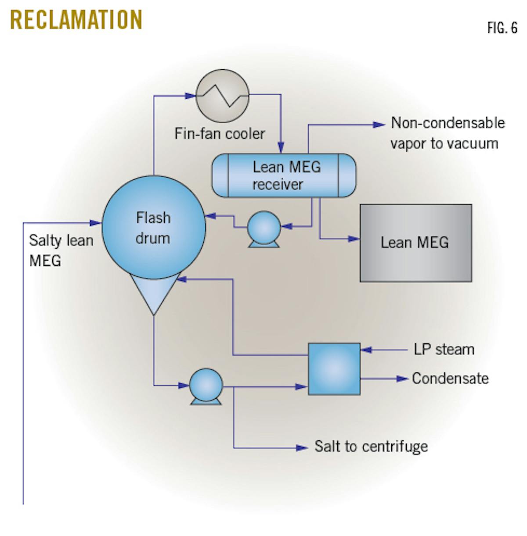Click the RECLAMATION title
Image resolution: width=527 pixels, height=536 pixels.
point(76,20)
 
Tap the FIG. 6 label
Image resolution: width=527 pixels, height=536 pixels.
point(502,28)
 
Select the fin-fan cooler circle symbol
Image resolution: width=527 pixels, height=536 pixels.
point(222,95)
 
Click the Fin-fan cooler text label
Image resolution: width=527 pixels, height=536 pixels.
point(220,133)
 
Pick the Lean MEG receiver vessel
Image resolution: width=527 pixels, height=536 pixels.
point(284,175)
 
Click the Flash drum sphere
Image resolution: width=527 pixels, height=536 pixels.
point(154,227)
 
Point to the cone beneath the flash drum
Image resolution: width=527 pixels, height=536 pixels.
point(154,292)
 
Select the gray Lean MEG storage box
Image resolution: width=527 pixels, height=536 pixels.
point(415,243)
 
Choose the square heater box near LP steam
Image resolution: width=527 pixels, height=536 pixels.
point(334,369)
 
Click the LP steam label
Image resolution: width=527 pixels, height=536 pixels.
point(444,350)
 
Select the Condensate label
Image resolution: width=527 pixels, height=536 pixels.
point(450,378)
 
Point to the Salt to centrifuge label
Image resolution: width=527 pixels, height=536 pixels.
point(371,447)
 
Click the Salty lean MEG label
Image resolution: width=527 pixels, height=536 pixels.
point(61,250)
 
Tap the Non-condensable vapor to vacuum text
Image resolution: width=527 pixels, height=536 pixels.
point(447,133)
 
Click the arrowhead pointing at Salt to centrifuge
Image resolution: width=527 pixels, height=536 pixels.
point(302,448)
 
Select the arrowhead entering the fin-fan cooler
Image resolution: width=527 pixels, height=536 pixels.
point(190,95)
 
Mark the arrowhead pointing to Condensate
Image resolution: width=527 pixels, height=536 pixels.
point(403,379)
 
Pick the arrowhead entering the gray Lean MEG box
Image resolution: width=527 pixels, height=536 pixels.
point(354,239)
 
